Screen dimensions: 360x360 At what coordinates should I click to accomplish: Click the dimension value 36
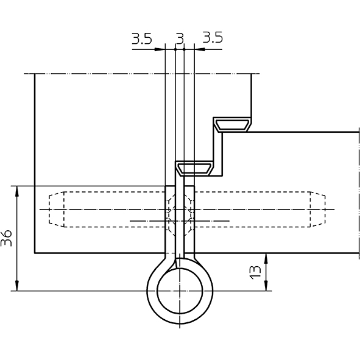pos(6,238)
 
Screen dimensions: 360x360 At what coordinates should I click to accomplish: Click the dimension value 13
pos(255,272)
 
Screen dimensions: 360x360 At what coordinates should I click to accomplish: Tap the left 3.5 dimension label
pos(142,38)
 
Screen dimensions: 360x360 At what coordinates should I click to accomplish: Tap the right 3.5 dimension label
pos(213,38)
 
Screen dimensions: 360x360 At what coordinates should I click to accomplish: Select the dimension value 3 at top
pos(180,38)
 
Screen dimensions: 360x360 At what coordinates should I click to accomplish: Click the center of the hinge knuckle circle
pos(180,291)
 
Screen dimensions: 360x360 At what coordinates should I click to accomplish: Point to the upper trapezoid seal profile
pos(232,125)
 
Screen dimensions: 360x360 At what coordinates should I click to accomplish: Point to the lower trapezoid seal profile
pos(195,169)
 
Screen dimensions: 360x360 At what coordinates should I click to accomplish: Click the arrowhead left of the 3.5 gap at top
pos(160,49)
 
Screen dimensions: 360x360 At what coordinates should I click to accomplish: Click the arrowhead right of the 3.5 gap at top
pos(200,49)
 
